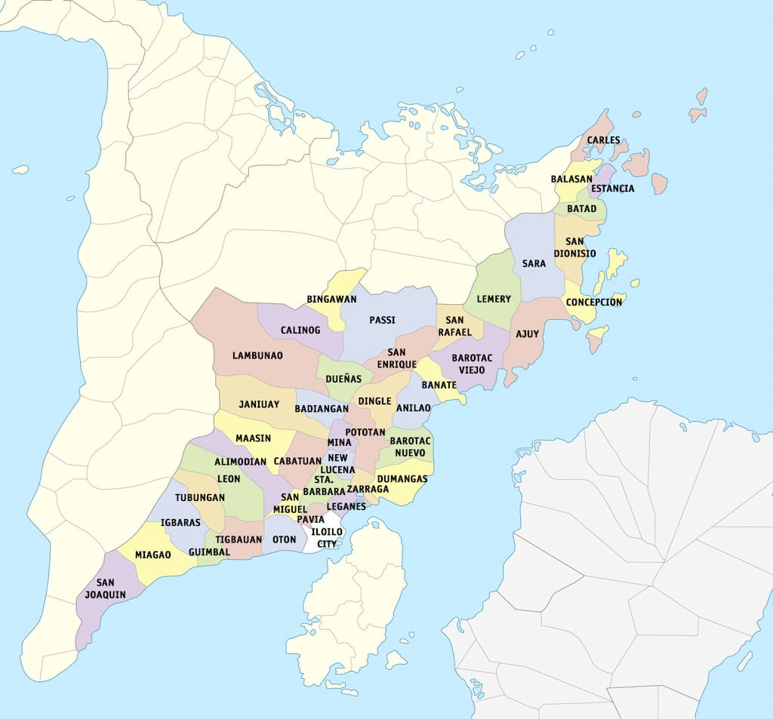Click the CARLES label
(603, 140)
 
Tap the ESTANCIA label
(612, 189)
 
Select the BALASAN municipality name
(571, 180)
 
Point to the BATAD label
(581, 209)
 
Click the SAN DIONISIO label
(574, 247)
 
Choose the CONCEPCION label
(594, 303)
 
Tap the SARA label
(534, 264)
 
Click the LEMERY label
(494, 300)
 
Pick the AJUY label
(527, 334)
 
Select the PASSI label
(382, 321)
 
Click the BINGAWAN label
(331, 300)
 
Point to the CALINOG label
(300, 330)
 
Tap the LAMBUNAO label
(257, 355)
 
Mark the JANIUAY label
(259, 404)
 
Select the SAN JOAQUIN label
(106, 588)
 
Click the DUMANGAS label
(402, 479)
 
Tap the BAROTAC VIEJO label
(472, 364)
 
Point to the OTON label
(284, 539)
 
